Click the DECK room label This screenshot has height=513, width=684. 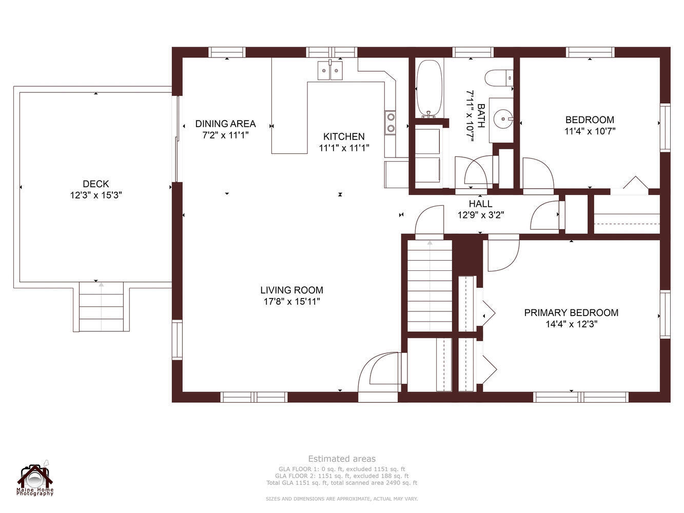pyautogui.click(x=95, y=184)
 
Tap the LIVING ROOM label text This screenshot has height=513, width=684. pyautogui.click(x=291, y=290)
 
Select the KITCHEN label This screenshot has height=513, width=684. pyautogui.click(x=344, y=136)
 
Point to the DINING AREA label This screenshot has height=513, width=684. pyautogui.click(x=225, y=124)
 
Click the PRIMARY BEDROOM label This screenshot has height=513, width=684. pyautogui.click(x=571, y=313)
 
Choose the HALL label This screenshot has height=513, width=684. pyautogui.click(x=480, y=204)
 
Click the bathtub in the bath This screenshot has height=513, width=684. pyautogui.click(x=429, y=89)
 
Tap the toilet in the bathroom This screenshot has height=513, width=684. pyautogui.click(x=499, y=78)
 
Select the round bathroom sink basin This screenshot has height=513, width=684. pyautogui.click(x=503, y=119)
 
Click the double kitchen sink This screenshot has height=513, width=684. pyautogui.click(x=330, y=70)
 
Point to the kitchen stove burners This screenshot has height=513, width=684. pyautogui.click(x=390, y=123)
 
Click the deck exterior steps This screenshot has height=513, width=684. pyautogui.click(x=101, y=307)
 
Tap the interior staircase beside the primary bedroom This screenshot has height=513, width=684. pyautogui.click(x=429, y=286)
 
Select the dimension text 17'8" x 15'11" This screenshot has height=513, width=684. pyautogui.click(x=291, y=302)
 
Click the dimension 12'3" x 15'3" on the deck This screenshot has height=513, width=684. pyautogui.click(x=95, y=195)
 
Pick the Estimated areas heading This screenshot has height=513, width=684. pyautogui.click(x=342, y=459)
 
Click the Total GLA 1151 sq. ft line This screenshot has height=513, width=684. pyautogui.click(x=342, y=483)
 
